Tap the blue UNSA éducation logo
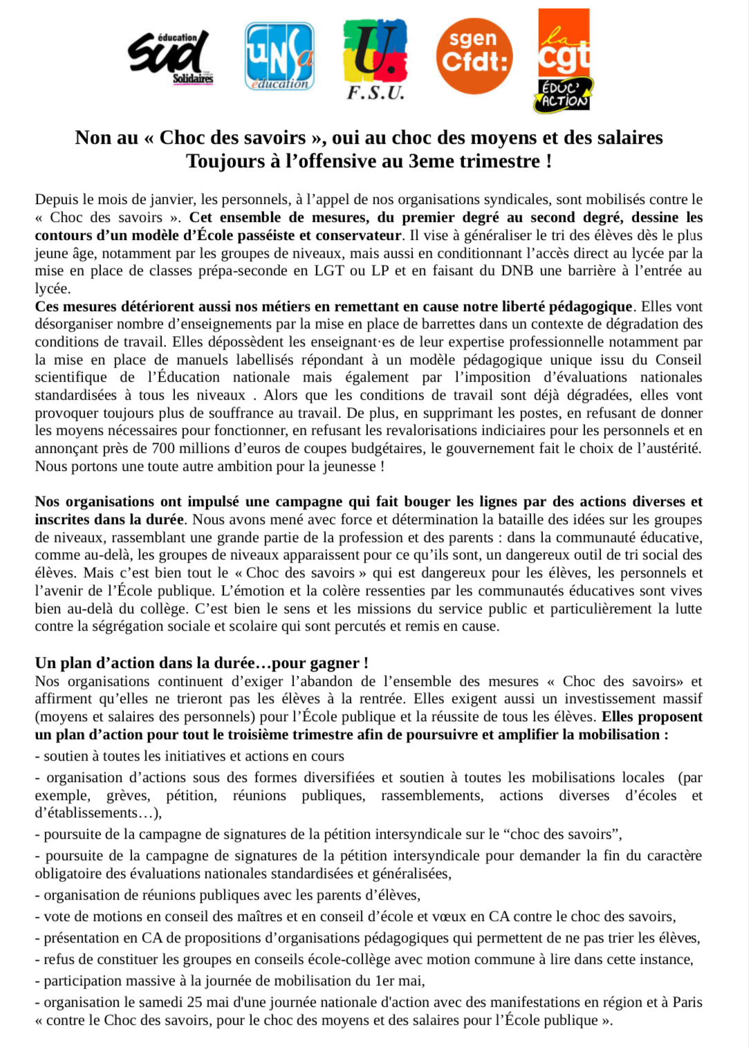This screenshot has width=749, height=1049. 279,56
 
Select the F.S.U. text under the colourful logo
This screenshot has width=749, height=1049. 375,93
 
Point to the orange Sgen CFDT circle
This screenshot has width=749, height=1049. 474,56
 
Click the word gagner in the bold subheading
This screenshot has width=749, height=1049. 334,662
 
